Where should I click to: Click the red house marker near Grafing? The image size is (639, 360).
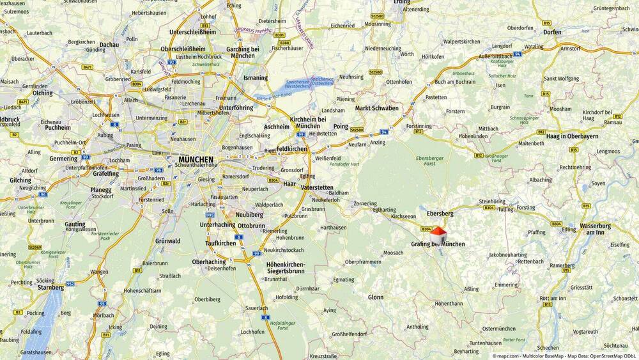coord(438,234)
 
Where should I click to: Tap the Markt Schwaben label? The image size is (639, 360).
coord(377,108)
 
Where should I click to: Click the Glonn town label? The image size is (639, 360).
coord(376,297)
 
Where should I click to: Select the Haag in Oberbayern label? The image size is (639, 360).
coord(573,136)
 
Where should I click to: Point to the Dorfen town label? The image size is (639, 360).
coord(551,31)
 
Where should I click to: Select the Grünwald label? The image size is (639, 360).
coord(167,241)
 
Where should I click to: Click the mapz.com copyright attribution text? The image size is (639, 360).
coord(564,355)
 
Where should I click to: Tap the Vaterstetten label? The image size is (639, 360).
coord(317,188)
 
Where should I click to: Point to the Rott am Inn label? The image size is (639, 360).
coord(553,298)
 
